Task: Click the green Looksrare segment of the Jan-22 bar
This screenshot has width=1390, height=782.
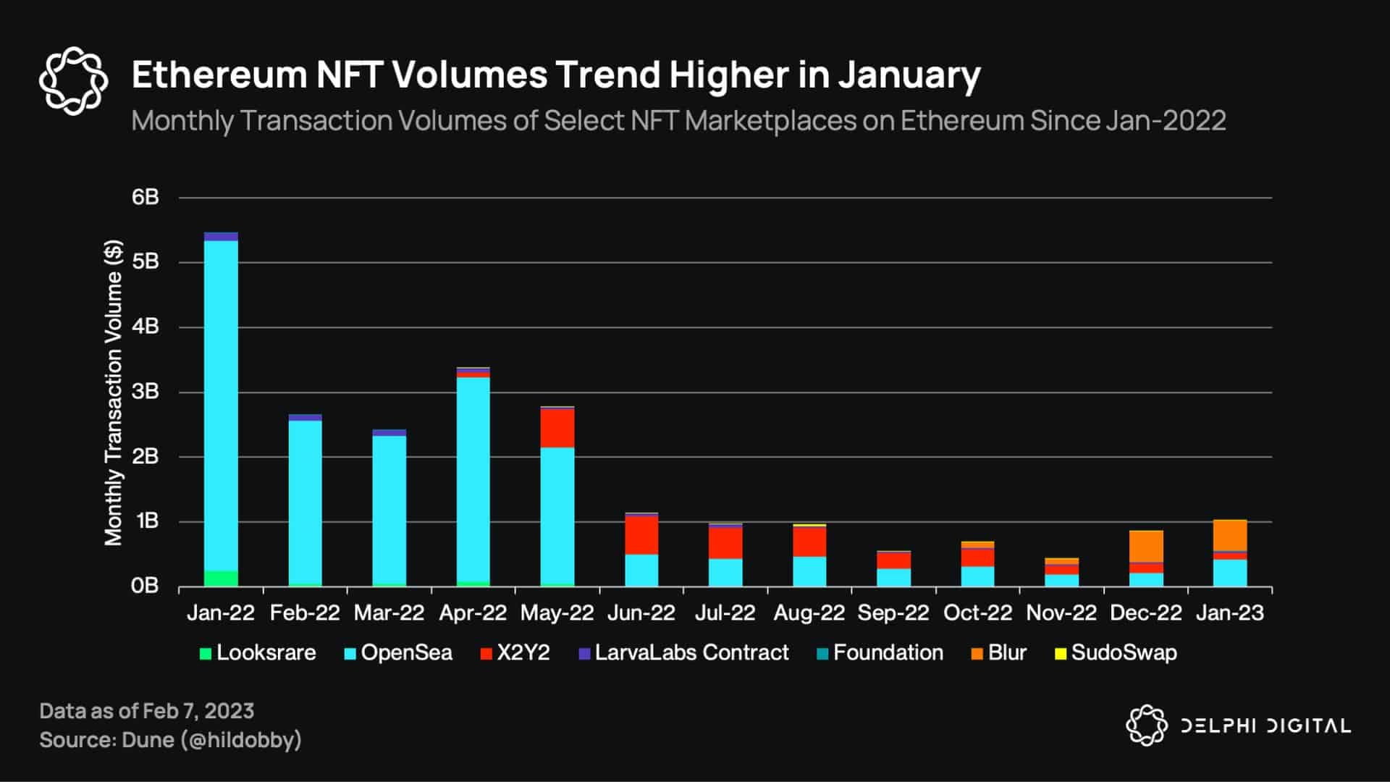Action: click(x=221, y=579)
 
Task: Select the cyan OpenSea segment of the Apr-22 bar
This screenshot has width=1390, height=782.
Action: click(x=473, y=478)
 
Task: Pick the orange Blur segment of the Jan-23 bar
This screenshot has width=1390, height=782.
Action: click(x=1230, y=535)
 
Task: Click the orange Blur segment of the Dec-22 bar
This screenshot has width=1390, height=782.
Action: click(x=1146, y=546)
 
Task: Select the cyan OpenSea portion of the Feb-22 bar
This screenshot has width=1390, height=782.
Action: click(x=305, y=500)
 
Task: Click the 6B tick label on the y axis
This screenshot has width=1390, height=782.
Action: click(x=145, y=198)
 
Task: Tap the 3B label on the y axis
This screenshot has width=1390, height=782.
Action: click(x=145, y=392)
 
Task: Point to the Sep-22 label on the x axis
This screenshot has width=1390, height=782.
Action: click(x=893, y=613)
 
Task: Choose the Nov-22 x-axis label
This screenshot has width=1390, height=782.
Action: click(x=1061, y=613)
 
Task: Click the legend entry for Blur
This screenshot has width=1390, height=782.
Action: click(x=999, y=653)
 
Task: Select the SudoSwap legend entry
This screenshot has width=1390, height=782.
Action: click(x=1116, y=653)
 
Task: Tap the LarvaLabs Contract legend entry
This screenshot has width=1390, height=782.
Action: click(x=683, y=653)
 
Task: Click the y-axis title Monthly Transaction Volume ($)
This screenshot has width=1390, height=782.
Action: click(x=114, y=392)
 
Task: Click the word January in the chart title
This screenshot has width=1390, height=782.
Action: click(x=909, y=75)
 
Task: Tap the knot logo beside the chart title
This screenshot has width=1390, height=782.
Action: click(x=73, y=81)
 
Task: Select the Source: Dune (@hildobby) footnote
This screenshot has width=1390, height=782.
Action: click(x=170, y=740)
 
